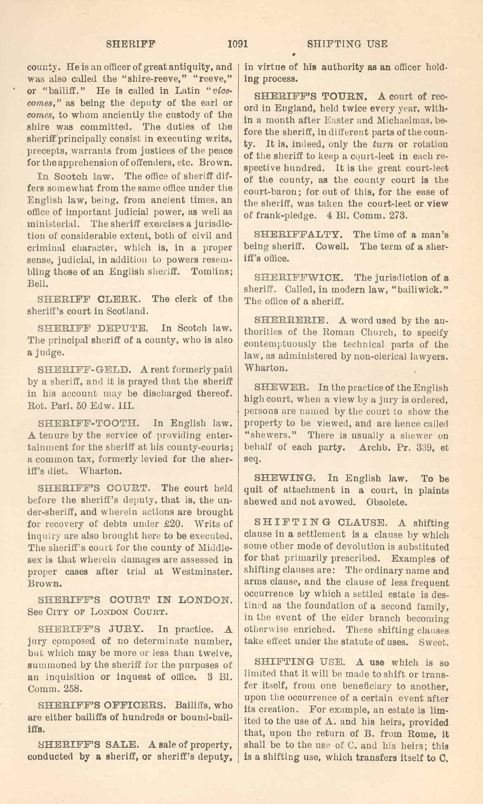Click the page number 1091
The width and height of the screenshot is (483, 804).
point(237,44)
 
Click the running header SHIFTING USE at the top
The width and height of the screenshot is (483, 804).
point(347,44)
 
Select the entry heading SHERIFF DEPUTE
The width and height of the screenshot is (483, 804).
point(92,328)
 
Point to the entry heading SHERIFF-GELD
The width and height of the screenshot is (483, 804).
point(84,370)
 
